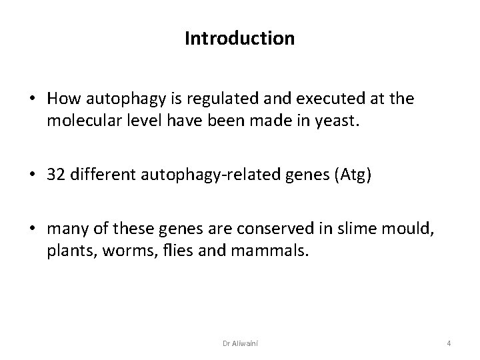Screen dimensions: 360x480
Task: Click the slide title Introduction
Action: pyautogui.click(x=239, y=39)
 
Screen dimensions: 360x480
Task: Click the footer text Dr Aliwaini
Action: pyautogui.click(x=240, y=343)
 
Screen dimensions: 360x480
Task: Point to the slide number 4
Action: pyautogui.click(x=449, y=343)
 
